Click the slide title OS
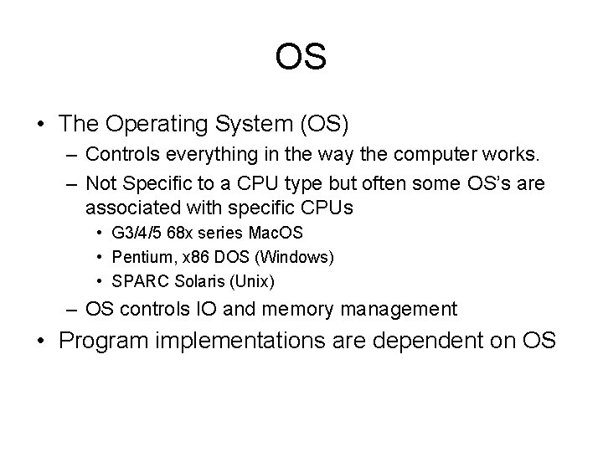pos(301,58)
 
